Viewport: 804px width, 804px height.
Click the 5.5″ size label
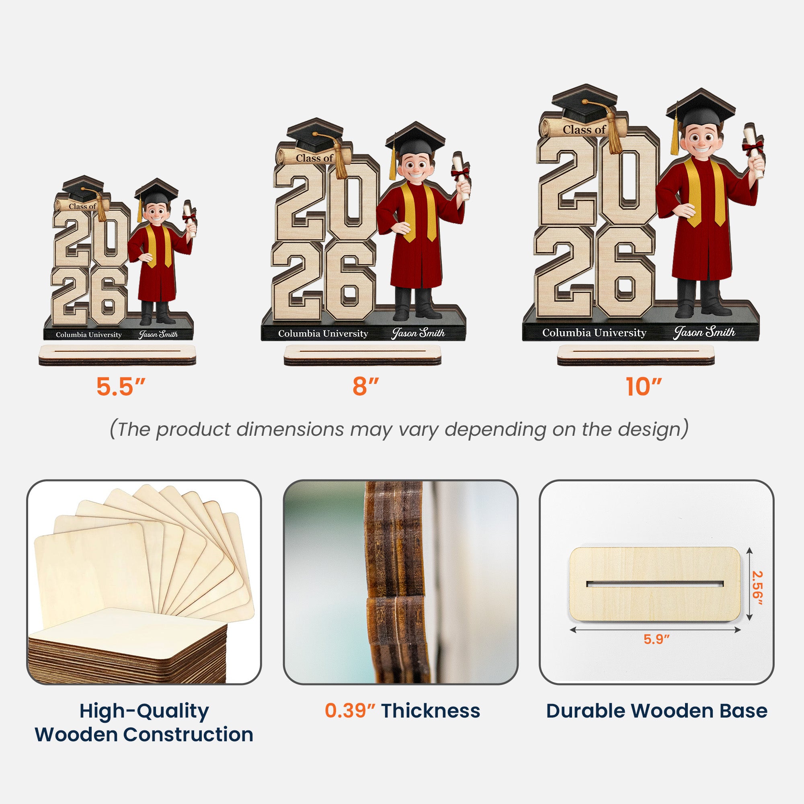pyautogui.click(x=120, y=387)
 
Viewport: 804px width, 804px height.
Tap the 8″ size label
pyautogui.click(x=365, y=387)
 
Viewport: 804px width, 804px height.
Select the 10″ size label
pyautogui.click(x=643, y=387)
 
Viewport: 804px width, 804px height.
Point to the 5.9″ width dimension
pyautogui.click(x=657, y=651)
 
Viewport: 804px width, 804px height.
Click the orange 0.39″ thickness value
pyautogui.click(x=350, y=711)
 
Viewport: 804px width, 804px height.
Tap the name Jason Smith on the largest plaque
pyautogui.click(x=704, y=332)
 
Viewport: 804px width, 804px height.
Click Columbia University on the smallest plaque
pyautogui.click(x=88, y=334)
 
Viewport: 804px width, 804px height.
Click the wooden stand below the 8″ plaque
pyautogui.click(x=362, y=355)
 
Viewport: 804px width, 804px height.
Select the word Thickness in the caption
pyautogui.click(x=431, y=711)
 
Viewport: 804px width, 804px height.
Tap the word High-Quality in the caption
pyautogui.click(x=144, y=712)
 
